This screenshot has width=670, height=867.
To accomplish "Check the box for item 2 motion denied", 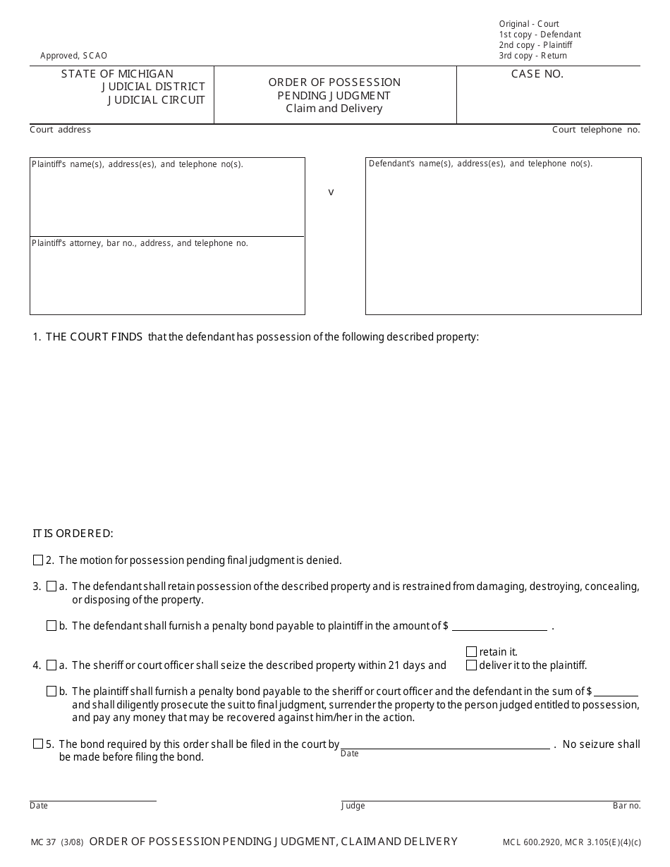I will [38, 560].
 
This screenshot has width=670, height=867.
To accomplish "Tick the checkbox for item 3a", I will [51, 586].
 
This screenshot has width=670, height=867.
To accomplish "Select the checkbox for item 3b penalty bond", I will [51, 626].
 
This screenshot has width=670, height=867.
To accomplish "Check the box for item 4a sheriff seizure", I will [51, 665].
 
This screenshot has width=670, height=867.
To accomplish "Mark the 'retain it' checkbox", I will [471, 652].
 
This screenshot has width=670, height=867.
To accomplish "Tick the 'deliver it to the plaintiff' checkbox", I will [471, 665].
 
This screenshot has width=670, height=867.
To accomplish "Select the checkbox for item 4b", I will [51, 691].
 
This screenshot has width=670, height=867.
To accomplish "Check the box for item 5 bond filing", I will [38, 744].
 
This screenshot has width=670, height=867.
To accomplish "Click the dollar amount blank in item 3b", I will [499, 625].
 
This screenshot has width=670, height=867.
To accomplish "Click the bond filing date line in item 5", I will [445, 744].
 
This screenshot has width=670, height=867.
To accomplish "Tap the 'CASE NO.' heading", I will [537, 74].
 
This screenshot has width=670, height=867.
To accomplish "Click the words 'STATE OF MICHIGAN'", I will [117, 74].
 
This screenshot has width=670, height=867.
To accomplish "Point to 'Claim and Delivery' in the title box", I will [334, 109].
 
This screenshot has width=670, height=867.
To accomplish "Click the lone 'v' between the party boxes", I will [331, 192].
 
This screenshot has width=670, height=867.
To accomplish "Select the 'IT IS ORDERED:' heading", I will [73, 534].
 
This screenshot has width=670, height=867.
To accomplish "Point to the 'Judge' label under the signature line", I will [353, 806].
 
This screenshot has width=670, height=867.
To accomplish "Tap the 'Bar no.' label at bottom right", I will [626, 806].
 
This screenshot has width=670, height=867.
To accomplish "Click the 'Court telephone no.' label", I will [596, 130].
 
